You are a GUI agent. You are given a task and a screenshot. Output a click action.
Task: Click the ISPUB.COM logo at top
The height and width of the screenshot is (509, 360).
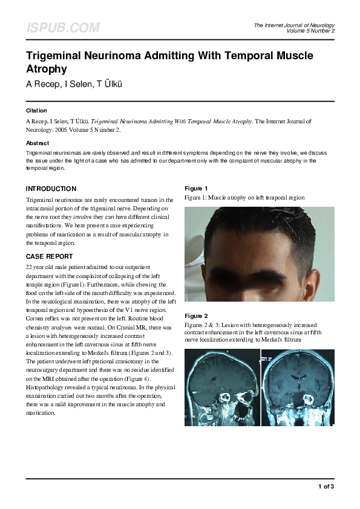pyautogui.click(x=62, y=28)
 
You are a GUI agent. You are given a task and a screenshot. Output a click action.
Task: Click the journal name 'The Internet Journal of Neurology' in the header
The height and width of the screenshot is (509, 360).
pyautogui.click(x=294, y=25)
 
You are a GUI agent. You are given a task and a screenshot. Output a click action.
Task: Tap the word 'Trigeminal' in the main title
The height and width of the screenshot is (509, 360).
pyautogui.click(x=55, y=56)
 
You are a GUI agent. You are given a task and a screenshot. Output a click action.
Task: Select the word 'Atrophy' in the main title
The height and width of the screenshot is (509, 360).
pyautogui.click(x=47, y=69)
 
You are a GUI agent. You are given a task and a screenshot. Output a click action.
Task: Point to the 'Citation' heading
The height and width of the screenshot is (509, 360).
pyautogui.click(x=36, y=111)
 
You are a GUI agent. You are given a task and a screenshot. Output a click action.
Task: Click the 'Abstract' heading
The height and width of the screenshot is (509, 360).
pyautogui.click(x=38, y=143)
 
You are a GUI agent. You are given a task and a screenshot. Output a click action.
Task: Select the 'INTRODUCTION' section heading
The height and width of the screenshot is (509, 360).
pyautogui.click(x=51, y=189)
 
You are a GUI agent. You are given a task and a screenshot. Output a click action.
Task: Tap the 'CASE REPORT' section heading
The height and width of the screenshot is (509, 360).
pyautogui.click(x=50, y=256)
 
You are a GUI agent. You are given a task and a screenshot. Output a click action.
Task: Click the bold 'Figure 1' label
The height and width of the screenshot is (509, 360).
pyautogui.click(x=196, y=189)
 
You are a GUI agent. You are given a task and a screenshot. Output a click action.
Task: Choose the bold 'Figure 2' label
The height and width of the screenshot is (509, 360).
pyautogui.click(x=196, y=316)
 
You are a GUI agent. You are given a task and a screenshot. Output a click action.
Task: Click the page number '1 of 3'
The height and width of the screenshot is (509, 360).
pyautogui.click(x=326, y=486)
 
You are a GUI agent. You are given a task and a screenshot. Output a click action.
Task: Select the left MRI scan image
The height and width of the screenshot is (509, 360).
pyautogui.click(x=222, y=387)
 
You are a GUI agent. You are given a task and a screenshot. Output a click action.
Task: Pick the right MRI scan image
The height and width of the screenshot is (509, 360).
pyautogui.click(x=298, y=387)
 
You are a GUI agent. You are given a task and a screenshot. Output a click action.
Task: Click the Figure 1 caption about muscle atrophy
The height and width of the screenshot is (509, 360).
pyautogui.click(x=244, y=198)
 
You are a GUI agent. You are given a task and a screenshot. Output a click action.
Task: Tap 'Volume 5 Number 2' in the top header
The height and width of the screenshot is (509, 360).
pyautogui.click(x=310, y=31)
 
